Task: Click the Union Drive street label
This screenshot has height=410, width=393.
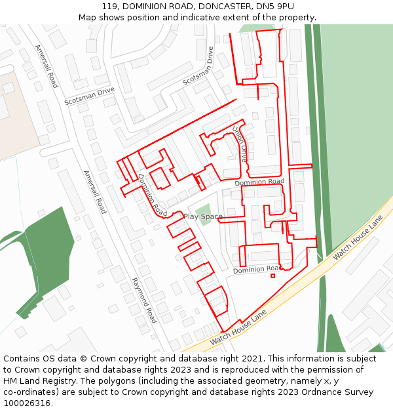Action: click(x=240, y=144)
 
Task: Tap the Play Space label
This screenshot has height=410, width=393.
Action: click(x=203, y=216)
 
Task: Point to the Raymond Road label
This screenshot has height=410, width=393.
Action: click(x=144, y=300)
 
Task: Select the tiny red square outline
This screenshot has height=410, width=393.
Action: click(x=273, y=276)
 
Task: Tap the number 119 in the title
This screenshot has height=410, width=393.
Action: click(x=109, y=7)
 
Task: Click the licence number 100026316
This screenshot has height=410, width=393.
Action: click(x=27, y=403)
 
